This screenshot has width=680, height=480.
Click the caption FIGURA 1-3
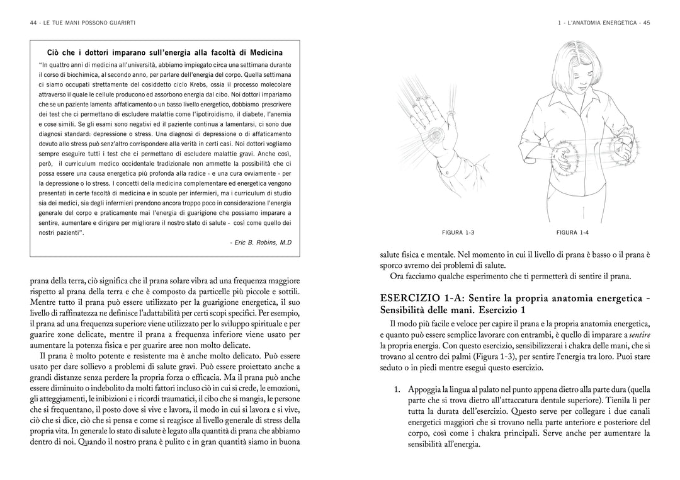point(458,232)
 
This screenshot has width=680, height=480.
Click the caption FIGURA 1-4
point(572,232)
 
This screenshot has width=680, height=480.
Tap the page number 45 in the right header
point(646,23)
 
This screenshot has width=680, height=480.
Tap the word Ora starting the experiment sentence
point(399,276)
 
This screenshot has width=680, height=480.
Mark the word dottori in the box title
point(94,52)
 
